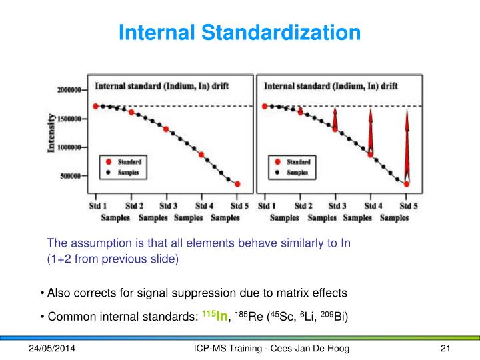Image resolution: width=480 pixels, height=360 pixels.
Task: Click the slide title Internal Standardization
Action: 239,31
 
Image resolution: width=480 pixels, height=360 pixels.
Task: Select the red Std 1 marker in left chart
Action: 96,106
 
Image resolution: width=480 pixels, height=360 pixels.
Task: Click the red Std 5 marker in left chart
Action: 237,185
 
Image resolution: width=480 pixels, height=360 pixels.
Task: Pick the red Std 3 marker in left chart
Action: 166,129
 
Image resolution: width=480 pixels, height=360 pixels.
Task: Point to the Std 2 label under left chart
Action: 134,205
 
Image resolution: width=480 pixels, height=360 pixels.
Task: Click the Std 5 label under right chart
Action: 408,205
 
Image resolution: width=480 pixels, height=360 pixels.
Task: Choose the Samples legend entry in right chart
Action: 297,172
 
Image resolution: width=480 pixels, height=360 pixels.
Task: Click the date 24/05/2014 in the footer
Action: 52,349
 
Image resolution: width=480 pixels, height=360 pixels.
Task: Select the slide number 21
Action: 447,349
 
